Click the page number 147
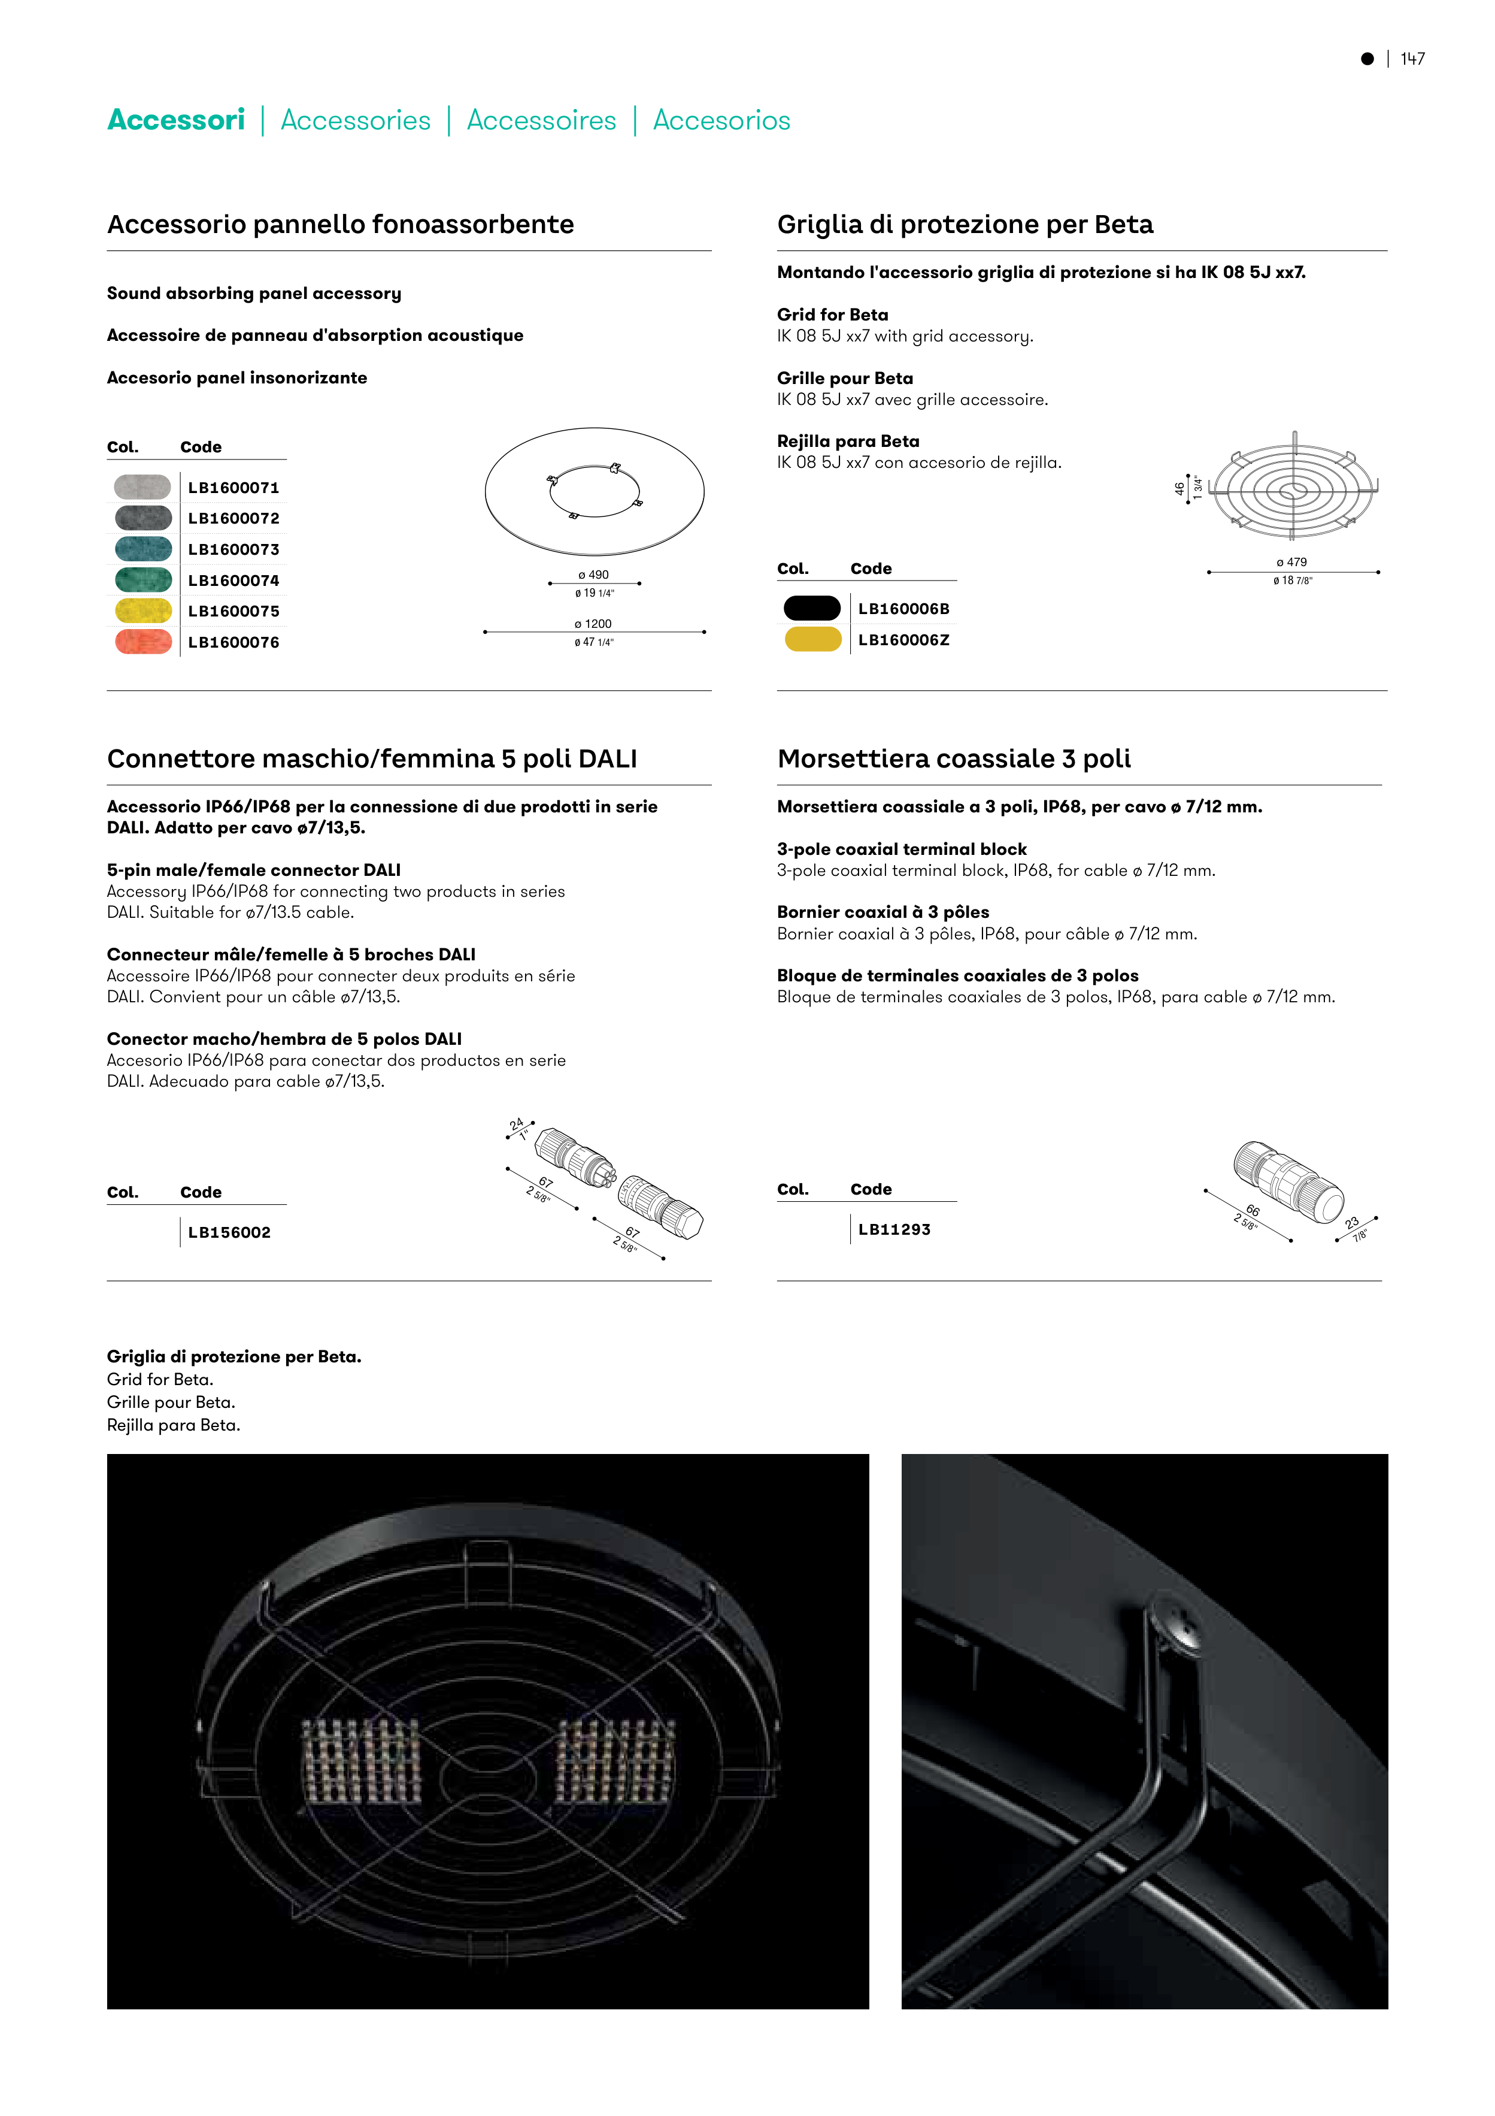1412,59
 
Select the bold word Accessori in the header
176,120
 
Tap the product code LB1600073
233,549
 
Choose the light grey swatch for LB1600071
142,486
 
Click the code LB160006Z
903,640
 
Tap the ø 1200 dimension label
594,624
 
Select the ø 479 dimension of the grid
1291,562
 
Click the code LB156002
229,1232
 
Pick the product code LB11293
894,1229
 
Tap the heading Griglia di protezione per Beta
965,224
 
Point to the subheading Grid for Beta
833,315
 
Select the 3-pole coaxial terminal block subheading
902,849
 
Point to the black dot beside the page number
1368,59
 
